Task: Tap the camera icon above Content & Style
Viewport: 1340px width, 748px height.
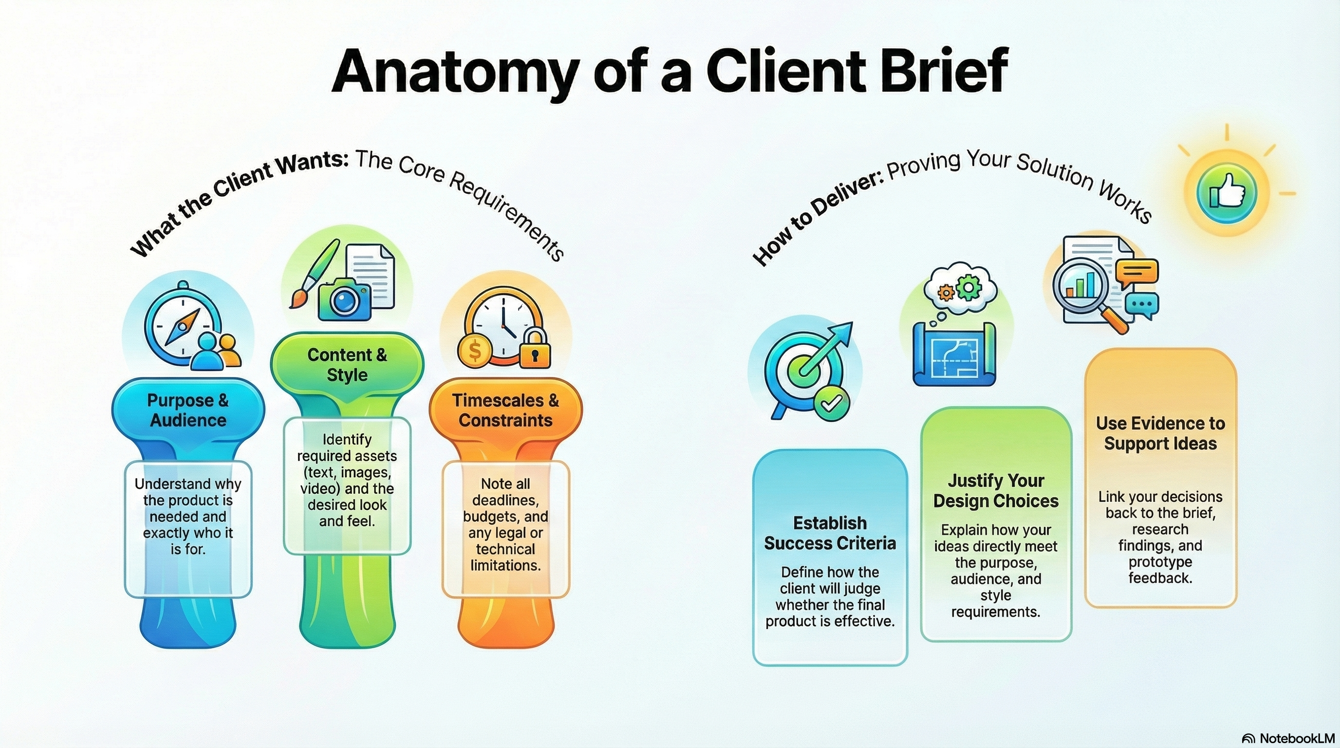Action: click(x=344, y=299)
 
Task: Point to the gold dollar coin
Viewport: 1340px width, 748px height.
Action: click(x=474, y=351)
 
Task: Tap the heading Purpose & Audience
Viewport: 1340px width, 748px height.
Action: click(x=188, y=411)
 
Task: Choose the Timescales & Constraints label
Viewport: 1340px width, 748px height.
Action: click(x=505, y=411)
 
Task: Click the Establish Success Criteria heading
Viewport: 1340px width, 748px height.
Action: click(x=830, y=533)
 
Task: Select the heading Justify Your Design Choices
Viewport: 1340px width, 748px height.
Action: click(x=996, y=490)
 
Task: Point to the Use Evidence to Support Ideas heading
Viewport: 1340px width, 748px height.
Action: click(x=1160, y=433)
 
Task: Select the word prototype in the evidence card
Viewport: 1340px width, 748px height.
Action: click(x=1160, y=562)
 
